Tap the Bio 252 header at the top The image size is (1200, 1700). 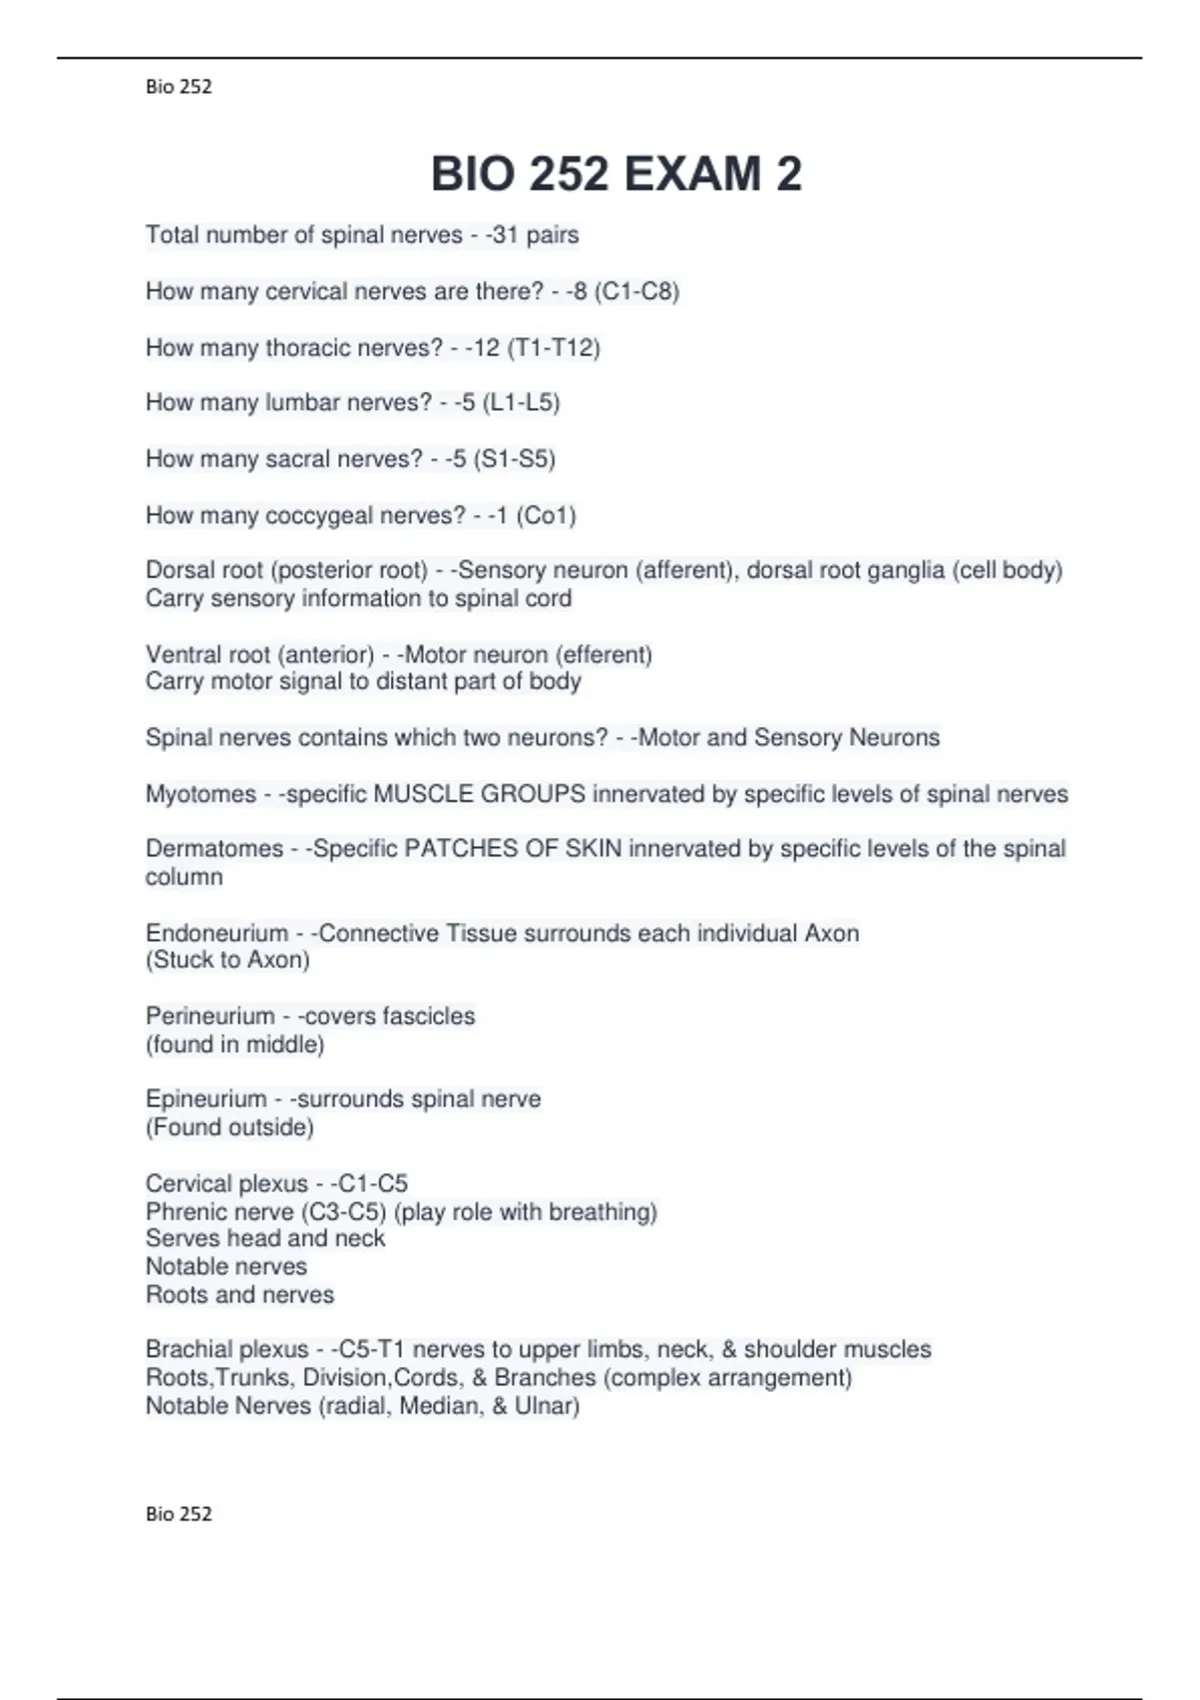pyautogui.click(x=179, y=87)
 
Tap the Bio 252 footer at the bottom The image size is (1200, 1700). pyautogui.click(x=179, y=1514)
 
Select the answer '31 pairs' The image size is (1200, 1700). pyautogui.click(x=536, y=235)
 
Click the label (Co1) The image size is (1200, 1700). pyautogui.click(x=546, y=516)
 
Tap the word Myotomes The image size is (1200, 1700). pyautogui.click(x=201, y=794)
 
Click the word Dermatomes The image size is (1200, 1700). pyautogui.click(x=214, y=849)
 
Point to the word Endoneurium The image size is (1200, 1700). pyautogui.click(x=217, y=934)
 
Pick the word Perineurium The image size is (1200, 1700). pyautogui.click(x=210, y=1016)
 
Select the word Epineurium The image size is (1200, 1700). pyautogui.click(x=206, y=1099)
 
